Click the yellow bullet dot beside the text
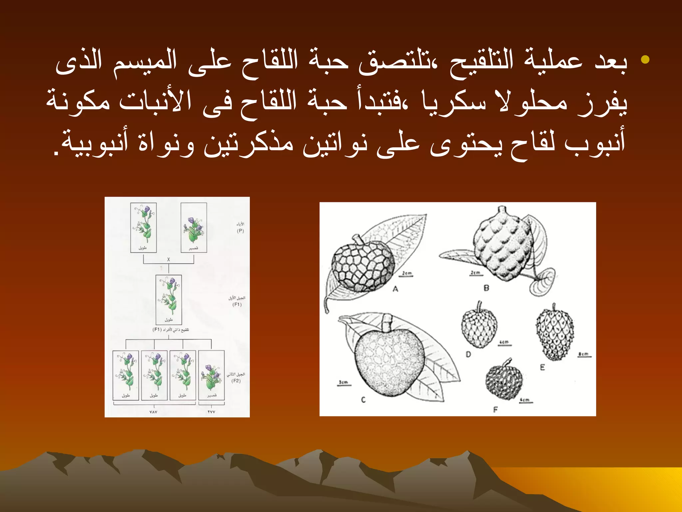pyautogui.click(x=645, y=60)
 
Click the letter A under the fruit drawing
pyautogui.click(x=395, y=289)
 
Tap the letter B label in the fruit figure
pyautogui.click(x=486, y=288)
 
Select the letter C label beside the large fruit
pyautogui.click(x=363, y=399)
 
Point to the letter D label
pyautogui.click(x=468, y=354)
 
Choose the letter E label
pyautogui.click(x=542, y=367)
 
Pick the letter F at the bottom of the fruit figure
pyautogui.click(x=495, y=409)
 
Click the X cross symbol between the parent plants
pyautogui.click(x=169, y=259)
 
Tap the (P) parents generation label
pyautogui.click(x=240, y=231)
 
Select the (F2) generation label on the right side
pyautogui.click(x=236, y=381)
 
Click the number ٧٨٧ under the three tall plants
pyautogui.click(x=153, y=412)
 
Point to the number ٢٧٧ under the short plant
pyautogui.click(x=211, y=412)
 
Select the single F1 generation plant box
pyautogui.click(x=169, y=299)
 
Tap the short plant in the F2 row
pyautogui.click(x=211, y=375)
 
